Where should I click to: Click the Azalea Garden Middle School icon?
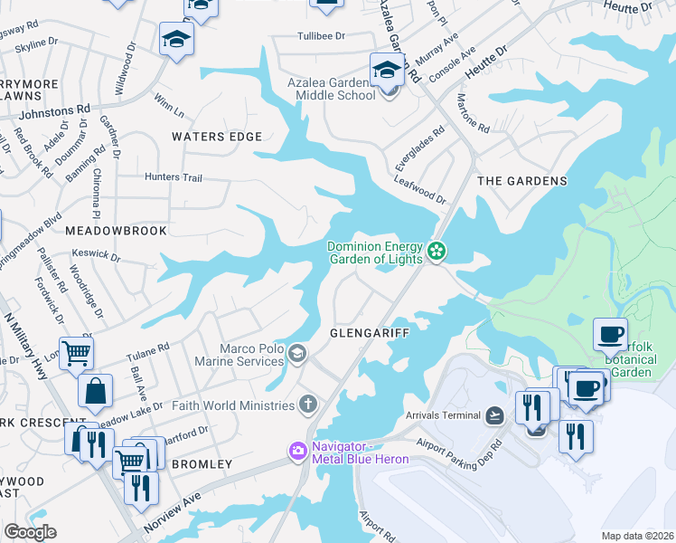click(386, 69)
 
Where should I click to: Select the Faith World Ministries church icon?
click(309, 405)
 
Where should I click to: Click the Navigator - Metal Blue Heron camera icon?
click(297, 451)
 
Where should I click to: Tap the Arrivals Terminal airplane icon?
click(494, 415)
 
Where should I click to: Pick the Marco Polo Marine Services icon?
click(297, 353)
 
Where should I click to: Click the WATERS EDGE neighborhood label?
click(217, 137)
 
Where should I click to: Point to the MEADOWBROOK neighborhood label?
click(117, 231)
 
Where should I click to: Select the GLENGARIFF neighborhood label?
click(370, 333)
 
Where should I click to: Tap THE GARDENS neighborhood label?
click(521, 181)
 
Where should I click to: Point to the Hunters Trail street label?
click(174, 178)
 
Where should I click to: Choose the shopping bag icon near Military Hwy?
click(94, 393)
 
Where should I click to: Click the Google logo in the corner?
click(30, 532)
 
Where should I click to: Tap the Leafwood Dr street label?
click(420, 189)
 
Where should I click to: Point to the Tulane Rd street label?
click(148, 348)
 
